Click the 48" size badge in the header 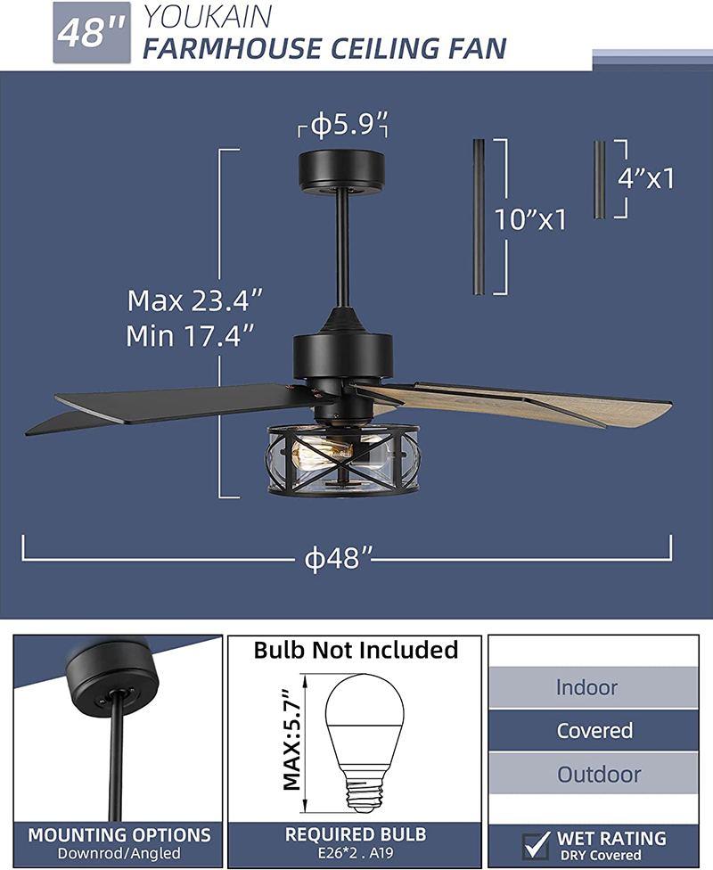(x=92, y=33)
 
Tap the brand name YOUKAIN (x=208, y=17)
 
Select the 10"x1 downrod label (x=530, y=219)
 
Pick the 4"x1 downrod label (x=646, y=178)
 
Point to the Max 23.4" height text (x=194, y=300)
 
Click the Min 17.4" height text (x=190, y=336)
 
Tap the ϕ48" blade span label (x=339, y=559)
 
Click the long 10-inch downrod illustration (x=479, y=217)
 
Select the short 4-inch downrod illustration (x=600, y=179)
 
